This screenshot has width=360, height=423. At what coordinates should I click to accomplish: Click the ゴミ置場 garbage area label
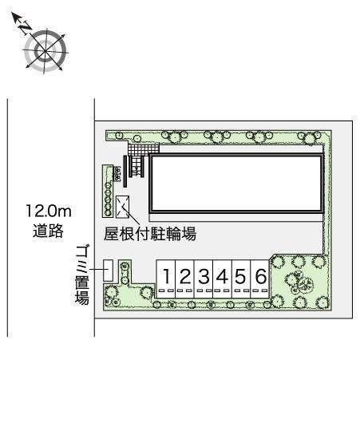pos(81,275)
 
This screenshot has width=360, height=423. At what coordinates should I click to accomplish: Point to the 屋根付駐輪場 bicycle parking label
pos(151,234)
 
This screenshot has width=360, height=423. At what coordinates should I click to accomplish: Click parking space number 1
pos(166,277)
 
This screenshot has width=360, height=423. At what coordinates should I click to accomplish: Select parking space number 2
pos(184,277)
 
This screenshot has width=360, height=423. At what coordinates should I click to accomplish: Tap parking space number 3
pos(204,277)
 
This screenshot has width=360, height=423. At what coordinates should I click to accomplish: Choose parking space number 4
pos(223,277)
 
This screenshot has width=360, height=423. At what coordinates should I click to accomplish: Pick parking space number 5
pos(241,277)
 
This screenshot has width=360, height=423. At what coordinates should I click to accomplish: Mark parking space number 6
pos(260,277)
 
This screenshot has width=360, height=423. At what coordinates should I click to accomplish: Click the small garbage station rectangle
pos(107,271)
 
